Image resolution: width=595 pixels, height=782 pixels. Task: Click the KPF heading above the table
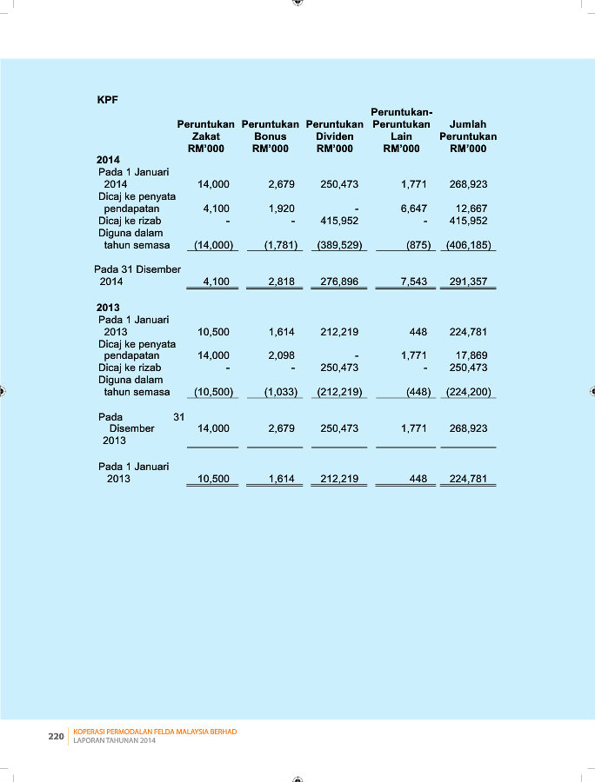(x=107, y=99)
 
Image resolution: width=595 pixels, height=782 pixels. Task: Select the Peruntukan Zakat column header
(x=205, y=136)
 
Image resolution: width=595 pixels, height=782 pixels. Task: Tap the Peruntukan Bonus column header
(x=270, y=136)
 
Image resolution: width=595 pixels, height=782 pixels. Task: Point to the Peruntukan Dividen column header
(x=334, y=136)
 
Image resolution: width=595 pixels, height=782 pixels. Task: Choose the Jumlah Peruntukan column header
(x=468, y=136)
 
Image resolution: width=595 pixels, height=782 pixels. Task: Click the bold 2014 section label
(x=108, y=160)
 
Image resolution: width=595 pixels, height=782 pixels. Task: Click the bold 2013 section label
(x=108, y=308)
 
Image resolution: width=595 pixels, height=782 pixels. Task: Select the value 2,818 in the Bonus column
(x=283, y=282)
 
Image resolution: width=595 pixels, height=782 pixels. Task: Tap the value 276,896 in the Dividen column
(x=339, y=282)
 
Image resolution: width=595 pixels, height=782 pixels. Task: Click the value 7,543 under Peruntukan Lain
(x=412, y=282)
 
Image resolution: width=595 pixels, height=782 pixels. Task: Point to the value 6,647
(x=412, y=209)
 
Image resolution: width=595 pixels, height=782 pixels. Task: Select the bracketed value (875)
(x=418, y=245)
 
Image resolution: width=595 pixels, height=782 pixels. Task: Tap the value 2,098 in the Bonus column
(x=283, y=355)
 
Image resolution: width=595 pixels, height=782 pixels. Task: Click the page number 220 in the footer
(x=56, y=737)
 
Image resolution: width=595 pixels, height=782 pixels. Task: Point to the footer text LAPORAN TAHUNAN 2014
(x=114, y=741)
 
